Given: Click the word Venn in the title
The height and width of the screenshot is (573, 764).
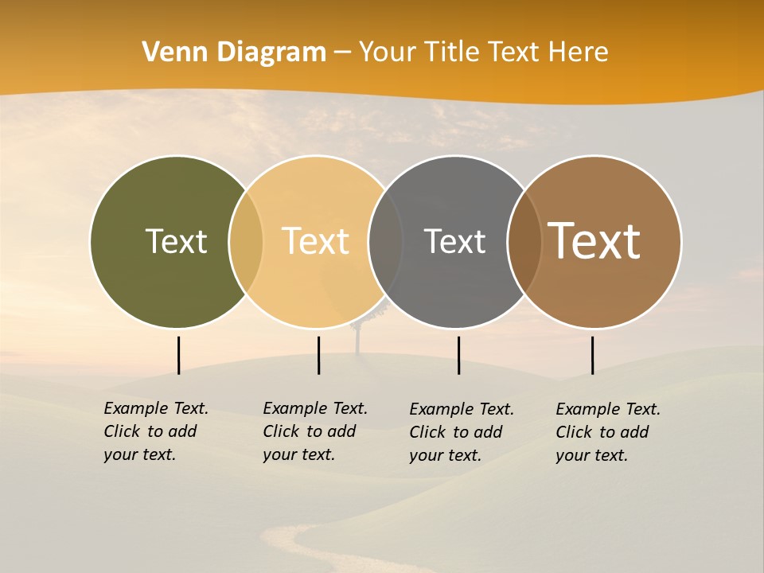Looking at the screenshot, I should (171, 52).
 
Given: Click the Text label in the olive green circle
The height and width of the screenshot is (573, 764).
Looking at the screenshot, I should (176, 241).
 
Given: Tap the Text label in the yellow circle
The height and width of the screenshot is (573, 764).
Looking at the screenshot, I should (315, 241).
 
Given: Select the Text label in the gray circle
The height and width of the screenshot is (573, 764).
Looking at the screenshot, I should (454, 241).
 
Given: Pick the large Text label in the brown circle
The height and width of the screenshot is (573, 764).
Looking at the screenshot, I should (594, 241).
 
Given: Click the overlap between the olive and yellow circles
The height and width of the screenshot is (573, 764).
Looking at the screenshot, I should (246, 241).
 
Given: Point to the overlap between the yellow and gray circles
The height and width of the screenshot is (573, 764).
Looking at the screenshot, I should (385, 241).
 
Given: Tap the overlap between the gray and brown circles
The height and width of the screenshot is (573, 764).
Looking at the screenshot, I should (524, 241).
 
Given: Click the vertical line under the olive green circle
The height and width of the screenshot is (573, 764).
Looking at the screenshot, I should (179, 355).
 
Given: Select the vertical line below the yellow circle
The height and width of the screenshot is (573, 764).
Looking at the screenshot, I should (318, 355).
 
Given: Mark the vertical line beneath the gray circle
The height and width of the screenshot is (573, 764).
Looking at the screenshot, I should (458, 355).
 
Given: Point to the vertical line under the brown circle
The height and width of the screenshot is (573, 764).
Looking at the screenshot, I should (592, 355).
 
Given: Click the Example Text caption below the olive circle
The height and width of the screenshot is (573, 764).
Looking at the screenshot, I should (156, 431).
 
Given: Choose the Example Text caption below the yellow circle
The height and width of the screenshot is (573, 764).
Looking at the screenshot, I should (315, 431).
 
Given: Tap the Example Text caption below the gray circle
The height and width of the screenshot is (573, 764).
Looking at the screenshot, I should (462, 432).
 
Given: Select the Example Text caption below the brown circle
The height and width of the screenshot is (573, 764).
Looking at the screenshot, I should (608, 432).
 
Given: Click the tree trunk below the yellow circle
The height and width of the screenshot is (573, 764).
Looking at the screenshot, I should (358, 341).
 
